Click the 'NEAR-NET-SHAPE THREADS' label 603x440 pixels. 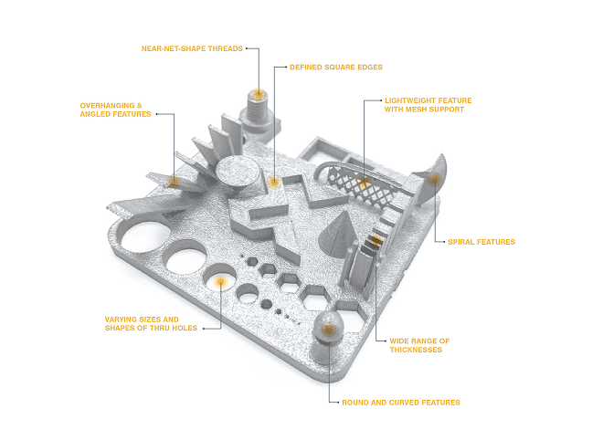coord(192,48)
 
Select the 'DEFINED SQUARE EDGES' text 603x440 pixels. coord(335,67)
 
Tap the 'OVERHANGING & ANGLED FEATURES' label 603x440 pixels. coord(114,110)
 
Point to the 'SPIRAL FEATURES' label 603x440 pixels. coord(481,242)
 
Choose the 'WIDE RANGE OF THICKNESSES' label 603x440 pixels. coord(419,345)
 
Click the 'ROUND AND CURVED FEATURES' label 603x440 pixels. coord(400,402)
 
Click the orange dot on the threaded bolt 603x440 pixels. coord(259,94)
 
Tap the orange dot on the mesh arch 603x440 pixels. coord(364,185)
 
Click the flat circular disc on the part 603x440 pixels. coord(235,173)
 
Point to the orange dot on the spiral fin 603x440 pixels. coord(433,181)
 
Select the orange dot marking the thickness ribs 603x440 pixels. coord(376,240)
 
